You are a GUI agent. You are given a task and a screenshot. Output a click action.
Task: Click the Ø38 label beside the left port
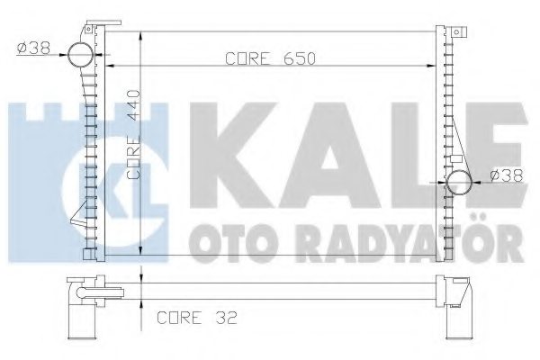pyautogui.click(x=32, y=46)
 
